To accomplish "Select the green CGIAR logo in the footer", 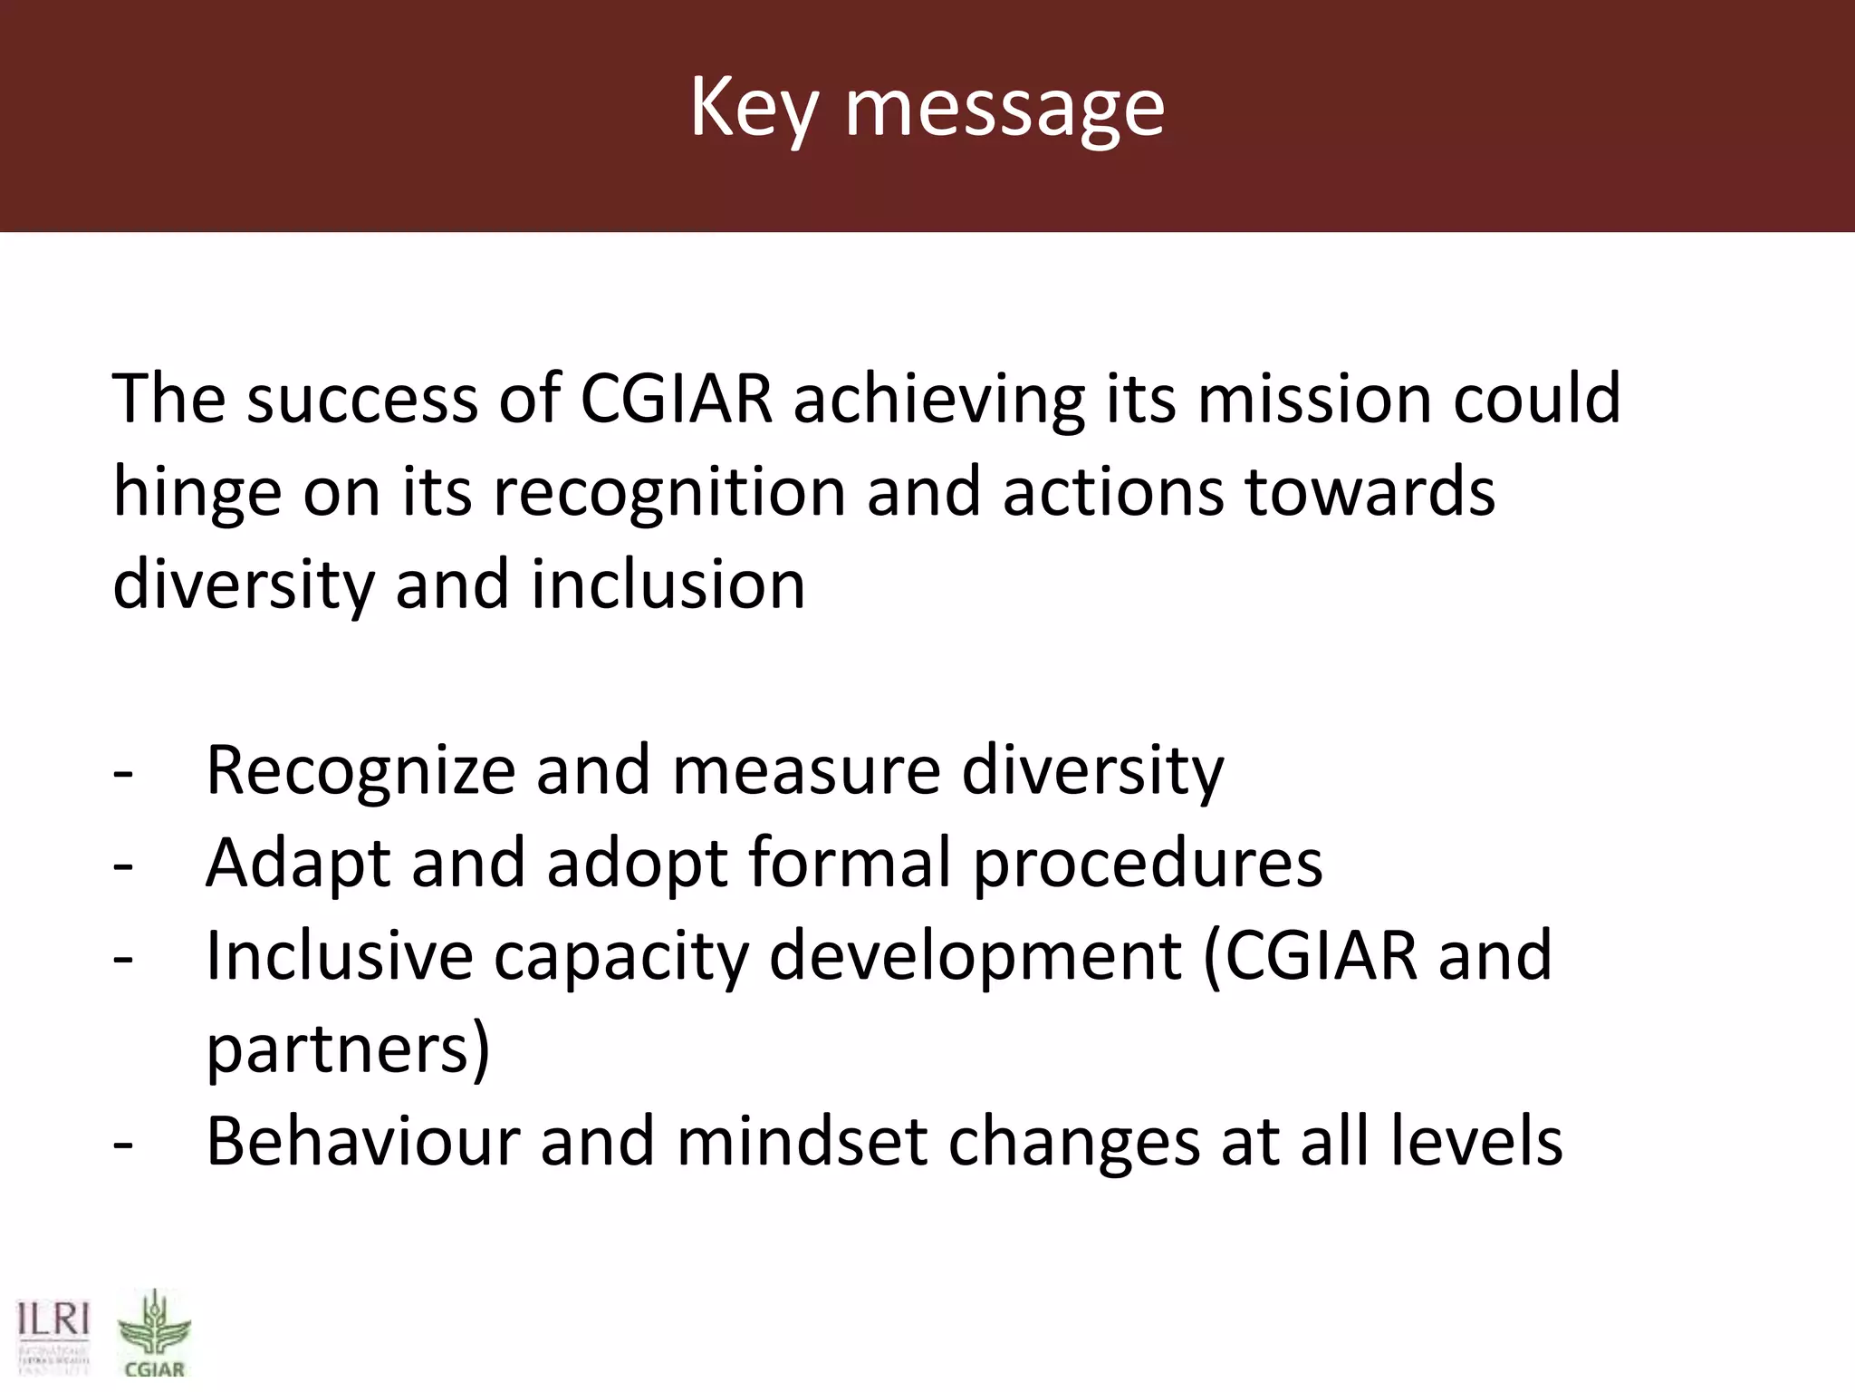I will click(154, 1332).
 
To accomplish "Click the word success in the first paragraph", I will click(361, 399).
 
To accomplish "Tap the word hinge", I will click(197, 494).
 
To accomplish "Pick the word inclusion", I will click(668, 585).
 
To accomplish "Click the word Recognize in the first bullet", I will click(360, 772).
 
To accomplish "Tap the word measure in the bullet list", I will click(805, 772).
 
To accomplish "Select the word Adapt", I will click(298, 865).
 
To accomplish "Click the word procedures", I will click(1147, 865).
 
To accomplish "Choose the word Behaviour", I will click(363, 1142).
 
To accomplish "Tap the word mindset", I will click(802, 1142).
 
